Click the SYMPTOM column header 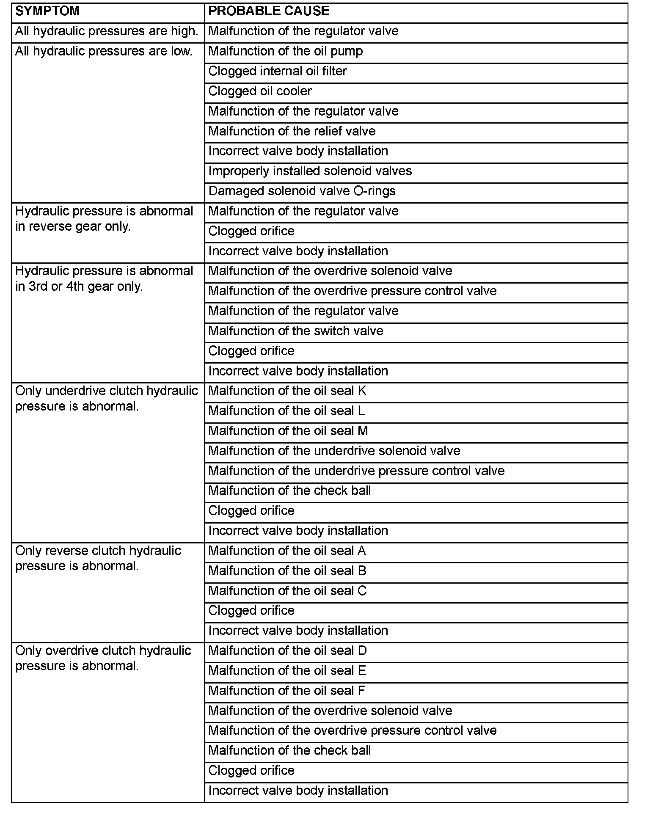pos(47,11)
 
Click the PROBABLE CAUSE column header pos(269,11)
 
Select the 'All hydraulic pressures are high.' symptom pos(107,31)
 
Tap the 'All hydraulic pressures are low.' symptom pos(104,51)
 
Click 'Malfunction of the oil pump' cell pos(286,51)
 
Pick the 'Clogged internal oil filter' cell pos(278,71)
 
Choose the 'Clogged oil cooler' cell pos(260,91)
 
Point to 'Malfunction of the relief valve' pos(292,131)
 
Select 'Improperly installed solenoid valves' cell pos(310,171)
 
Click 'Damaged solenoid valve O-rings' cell pos(302,191)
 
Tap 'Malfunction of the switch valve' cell pos(296,331)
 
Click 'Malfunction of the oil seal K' pos(287,391)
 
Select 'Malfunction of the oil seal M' pos(288,431)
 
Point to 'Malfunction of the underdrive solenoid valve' pos(334,451)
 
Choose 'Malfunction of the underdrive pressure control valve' pos(356,471)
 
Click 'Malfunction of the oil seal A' pos(287,551)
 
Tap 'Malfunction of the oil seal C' pos(288,591)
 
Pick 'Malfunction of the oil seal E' pos(287,671)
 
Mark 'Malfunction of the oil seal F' pos(287,691)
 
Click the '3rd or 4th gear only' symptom pos(104,278)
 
